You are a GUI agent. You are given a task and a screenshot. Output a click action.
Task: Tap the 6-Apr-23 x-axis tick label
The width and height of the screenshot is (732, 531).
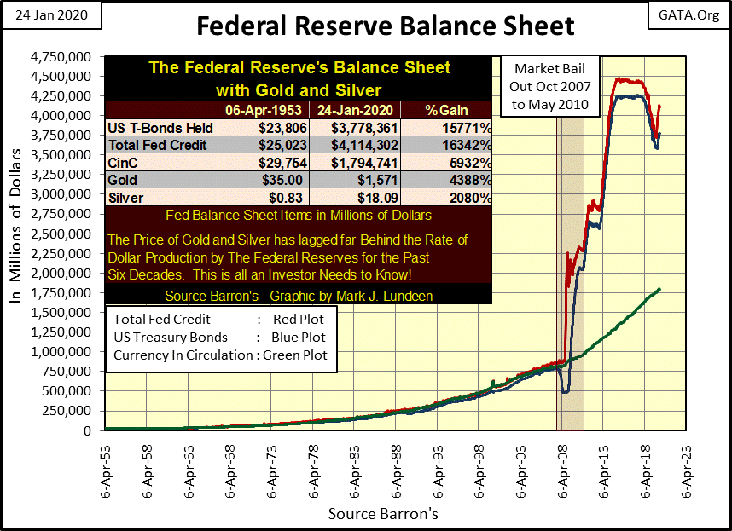click(683, 468)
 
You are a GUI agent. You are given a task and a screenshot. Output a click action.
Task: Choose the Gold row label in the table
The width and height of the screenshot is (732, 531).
click(124, 181)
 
